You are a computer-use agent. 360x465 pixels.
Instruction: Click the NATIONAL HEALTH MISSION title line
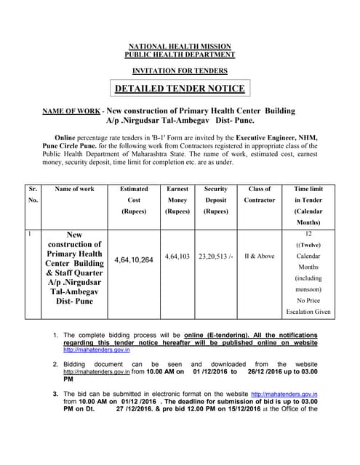(x=180, y=46)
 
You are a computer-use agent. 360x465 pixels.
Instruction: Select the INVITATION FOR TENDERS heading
(x=180, y=70)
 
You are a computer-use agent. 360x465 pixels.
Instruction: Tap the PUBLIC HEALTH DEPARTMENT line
(x=180, y=54)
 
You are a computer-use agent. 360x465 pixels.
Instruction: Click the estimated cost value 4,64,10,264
(x=134, y=259)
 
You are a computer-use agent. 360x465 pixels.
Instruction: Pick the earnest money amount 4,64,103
(x=177, y=256)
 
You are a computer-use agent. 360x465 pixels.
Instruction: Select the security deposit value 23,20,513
(x=216, y=256)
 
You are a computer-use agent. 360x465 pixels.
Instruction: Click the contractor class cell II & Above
(x=260, y=256)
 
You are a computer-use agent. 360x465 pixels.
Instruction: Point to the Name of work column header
(x=74, y=189)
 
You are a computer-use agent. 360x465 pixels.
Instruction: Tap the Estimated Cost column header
(x=134, y=200)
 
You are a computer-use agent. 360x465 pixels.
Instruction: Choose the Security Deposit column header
(x=216, y=200)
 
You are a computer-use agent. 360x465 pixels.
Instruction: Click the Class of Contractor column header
(x=260, y=194)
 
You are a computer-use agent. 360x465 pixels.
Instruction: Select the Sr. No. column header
(x=33, y=194)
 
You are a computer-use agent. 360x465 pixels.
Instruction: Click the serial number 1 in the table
(x=29, y=234)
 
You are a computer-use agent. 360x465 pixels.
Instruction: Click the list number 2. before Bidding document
(x=56, y=363)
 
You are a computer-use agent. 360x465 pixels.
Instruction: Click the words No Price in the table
(x=312, y=299)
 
